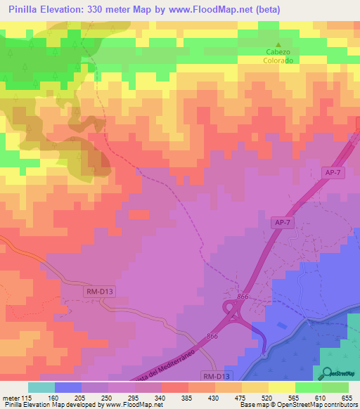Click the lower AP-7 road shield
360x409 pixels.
pyautogui.click(x=281, y=222)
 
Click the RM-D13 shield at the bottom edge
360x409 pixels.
pyautogui.click(x=216, y=376)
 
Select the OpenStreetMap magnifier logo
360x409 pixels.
pyautogui.click(x=327, y=373)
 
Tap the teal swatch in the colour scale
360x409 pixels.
pyautogui.click(x=41, y=387)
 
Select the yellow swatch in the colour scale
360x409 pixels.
pyautogui.click(x=281, y=387)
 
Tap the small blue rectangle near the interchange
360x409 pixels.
pyautogui.click(x=282, y=325)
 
